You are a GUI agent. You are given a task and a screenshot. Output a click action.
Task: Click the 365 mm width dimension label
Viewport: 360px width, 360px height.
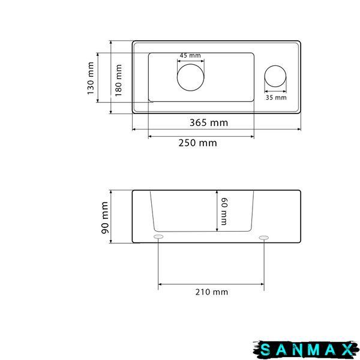pos(209,122)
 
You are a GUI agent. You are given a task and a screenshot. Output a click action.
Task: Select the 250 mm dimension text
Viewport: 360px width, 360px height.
pos(197,143)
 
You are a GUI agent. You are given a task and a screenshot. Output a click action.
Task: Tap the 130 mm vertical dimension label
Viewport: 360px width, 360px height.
pos(91,78)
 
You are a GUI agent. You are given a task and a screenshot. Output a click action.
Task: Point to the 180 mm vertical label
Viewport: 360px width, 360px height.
pos(118,80)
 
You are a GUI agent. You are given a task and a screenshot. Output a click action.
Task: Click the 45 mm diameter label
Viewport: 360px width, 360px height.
pos(190,55)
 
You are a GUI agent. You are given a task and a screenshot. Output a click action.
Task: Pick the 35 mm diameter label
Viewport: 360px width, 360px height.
pos(276,98)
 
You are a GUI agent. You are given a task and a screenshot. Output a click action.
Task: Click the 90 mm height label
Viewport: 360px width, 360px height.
pos(104,218)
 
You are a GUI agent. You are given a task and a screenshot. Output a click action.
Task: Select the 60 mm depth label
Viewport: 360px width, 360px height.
pos(224,211)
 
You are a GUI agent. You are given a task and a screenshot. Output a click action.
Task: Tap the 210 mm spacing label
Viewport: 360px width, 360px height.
pos(212,292)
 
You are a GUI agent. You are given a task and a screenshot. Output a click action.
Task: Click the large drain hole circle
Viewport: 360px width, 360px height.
pos(191,64)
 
